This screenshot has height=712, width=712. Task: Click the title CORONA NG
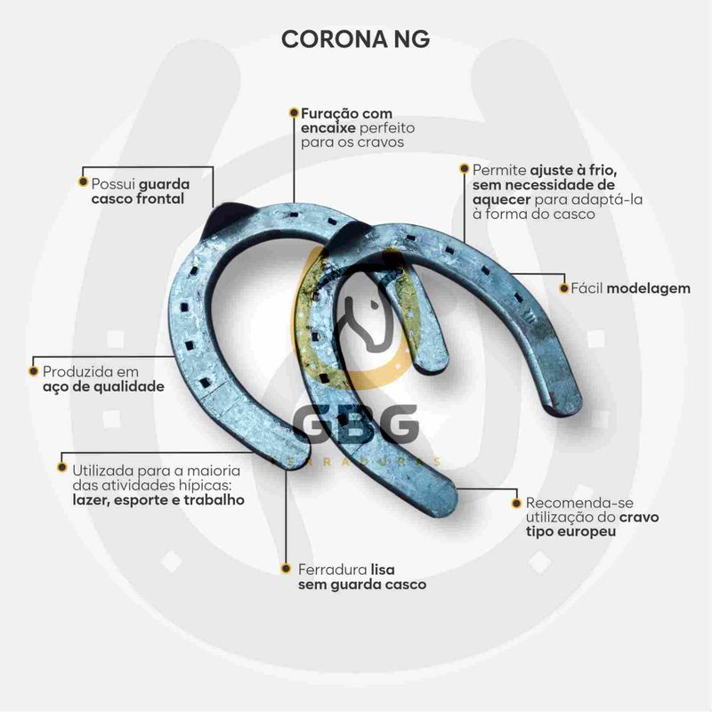coord(355,40)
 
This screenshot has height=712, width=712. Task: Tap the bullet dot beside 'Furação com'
coord(293,113)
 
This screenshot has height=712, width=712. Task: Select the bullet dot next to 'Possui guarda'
coord(83,183)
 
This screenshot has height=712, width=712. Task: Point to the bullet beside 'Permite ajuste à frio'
coord(464,168)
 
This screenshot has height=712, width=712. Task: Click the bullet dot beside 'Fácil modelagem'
coord(562,287)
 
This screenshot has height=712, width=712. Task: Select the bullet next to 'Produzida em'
coord(34,371)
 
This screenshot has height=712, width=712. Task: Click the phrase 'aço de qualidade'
coord(103,386)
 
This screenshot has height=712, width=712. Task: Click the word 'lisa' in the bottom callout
coord(383,568)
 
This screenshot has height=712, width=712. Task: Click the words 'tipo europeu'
coord(570,530)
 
